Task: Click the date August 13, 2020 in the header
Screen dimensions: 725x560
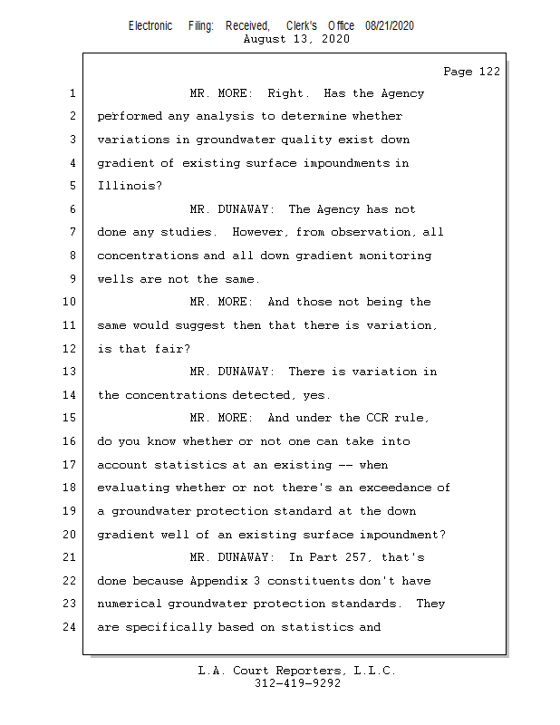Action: tap(298, 40)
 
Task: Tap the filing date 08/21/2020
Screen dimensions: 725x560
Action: tap(390, 26)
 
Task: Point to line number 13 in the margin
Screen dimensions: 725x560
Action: tap(71, 372)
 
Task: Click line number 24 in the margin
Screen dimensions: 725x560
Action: tap(71, 627)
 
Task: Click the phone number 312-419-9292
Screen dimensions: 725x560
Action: tap(297, 683)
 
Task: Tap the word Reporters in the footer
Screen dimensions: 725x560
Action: tap(305, 671)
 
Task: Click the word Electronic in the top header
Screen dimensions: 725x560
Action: tap(150, 26)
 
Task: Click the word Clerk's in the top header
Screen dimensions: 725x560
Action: tap(302, 26)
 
